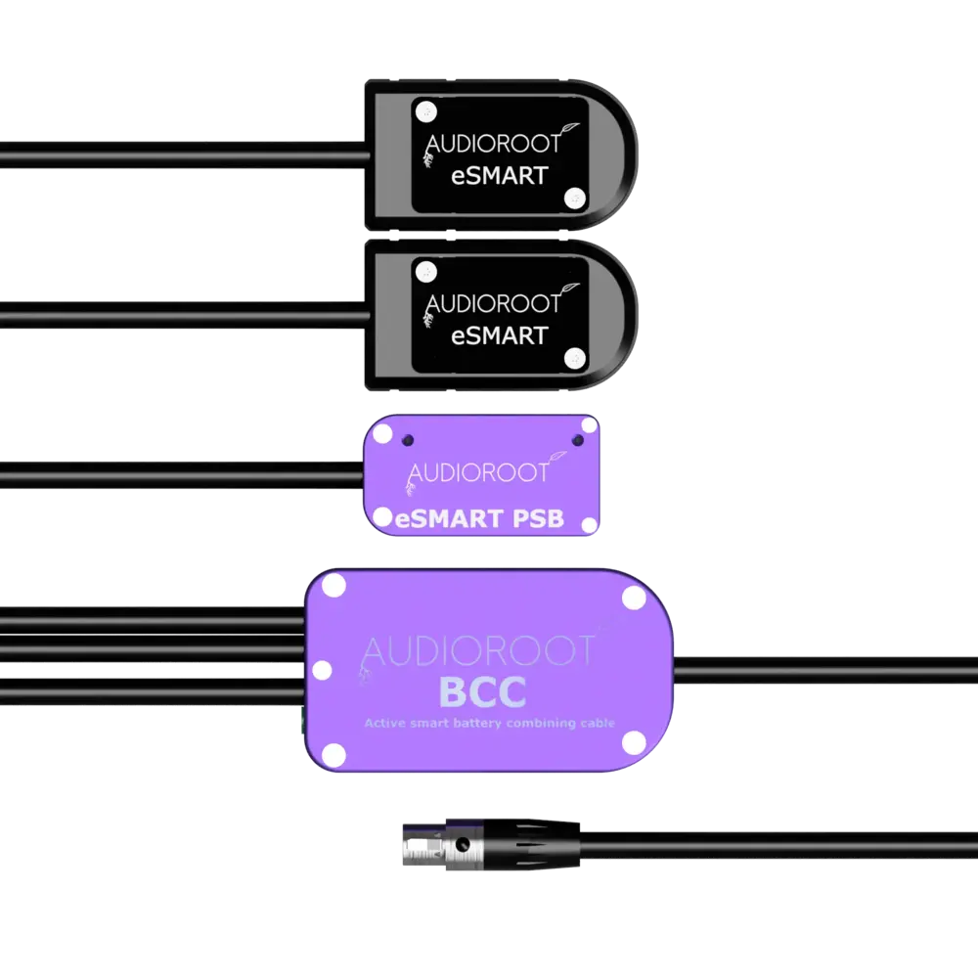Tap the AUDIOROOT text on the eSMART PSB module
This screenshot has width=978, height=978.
click(x=478, y=471)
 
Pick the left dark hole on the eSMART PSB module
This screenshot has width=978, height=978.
click(x=408, y=439)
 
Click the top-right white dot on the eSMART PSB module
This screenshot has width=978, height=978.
click(x=589, y=425)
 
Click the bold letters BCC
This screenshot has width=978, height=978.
click(x=483, y=691)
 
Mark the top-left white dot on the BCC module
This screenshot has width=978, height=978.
click(x=333, y=588)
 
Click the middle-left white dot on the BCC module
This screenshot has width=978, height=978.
click(x=321, y=671)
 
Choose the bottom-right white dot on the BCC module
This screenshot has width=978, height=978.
click(x=633, y=740)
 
